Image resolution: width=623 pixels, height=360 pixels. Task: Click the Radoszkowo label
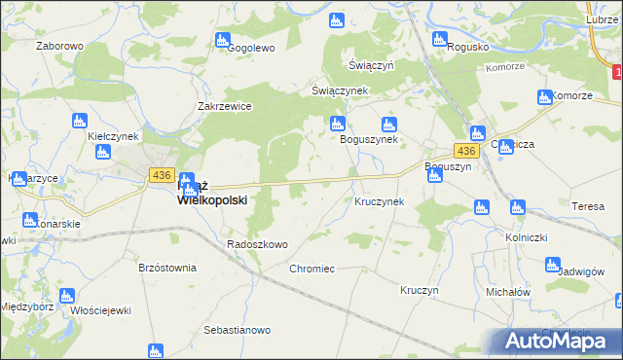257,244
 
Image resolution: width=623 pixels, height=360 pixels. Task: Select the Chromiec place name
311,268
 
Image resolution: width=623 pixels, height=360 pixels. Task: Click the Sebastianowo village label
237,331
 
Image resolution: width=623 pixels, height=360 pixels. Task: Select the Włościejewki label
101,310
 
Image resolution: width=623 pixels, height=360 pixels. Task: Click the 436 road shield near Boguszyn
466,152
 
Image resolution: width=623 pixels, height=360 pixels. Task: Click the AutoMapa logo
561,342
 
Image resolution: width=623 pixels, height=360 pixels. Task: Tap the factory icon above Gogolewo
222,41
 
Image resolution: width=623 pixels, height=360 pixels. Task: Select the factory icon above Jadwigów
553,264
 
